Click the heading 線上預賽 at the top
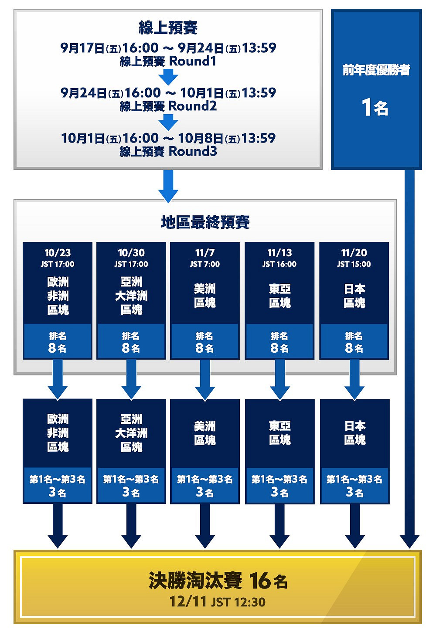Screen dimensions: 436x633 (x=168, y=28)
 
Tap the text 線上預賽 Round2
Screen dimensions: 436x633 (x=168, y=106)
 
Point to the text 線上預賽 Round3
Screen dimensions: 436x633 (x=168, y=151)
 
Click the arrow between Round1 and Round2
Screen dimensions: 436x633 (x=168, y=77)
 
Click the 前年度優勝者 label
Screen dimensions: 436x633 (x=376, y=70)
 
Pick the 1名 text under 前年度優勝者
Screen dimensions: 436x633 (x=375, y=107)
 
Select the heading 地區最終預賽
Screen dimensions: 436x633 (x=205, y=222)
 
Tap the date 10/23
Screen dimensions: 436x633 (x=58, y=253)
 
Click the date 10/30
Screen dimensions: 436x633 (x=131, y=253)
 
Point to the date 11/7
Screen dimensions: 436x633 (x=205, y=253)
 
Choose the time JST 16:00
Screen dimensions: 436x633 (x=279, y=264)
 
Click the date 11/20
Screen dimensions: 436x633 (x=354, y=253)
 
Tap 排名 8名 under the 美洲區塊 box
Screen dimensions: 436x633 (x=204, y=342)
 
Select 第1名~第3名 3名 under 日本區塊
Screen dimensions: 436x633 (x=354, y=486)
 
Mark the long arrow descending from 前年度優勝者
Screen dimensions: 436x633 (x=409, y=359)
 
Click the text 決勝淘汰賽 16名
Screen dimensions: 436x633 (x=218, y=580)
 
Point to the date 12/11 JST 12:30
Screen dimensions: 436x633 (x=217, y=602)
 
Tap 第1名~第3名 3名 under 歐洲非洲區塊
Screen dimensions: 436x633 (x=58, y=486)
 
